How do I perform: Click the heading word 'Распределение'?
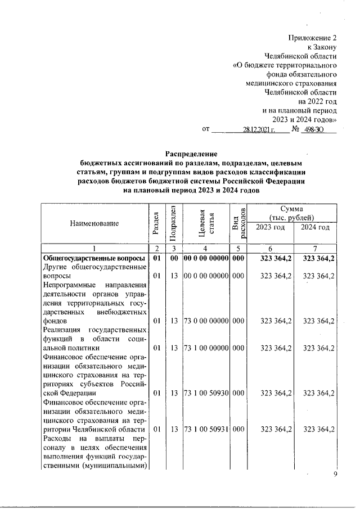(191, 154)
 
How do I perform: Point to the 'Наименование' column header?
(94, 223)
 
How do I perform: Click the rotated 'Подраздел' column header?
(174, 223)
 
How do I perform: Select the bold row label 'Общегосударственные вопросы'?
(90, 258)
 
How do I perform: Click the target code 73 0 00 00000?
(206, 321)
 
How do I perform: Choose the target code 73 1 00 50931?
(206, 430)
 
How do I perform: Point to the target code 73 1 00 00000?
(206, 348)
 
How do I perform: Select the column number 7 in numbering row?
(315, 249)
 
